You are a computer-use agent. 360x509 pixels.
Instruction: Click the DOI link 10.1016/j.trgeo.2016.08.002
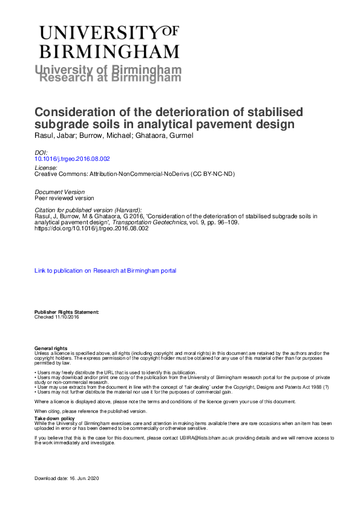[73, 159]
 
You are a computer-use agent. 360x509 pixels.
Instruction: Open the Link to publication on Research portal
[106, 271]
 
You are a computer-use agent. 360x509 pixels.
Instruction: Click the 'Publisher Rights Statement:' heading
[67, 311]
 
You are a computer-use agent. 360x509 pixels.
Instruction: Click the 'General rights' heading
[51, 349]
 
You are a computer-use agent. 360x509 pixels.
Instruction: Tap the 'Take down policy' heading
[54, 418]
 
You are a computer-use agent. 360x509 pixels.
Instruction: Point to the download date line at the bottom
[66, 479]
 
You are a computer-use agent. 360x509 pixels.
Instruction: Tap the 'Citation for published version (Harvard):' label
[89, 209]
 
